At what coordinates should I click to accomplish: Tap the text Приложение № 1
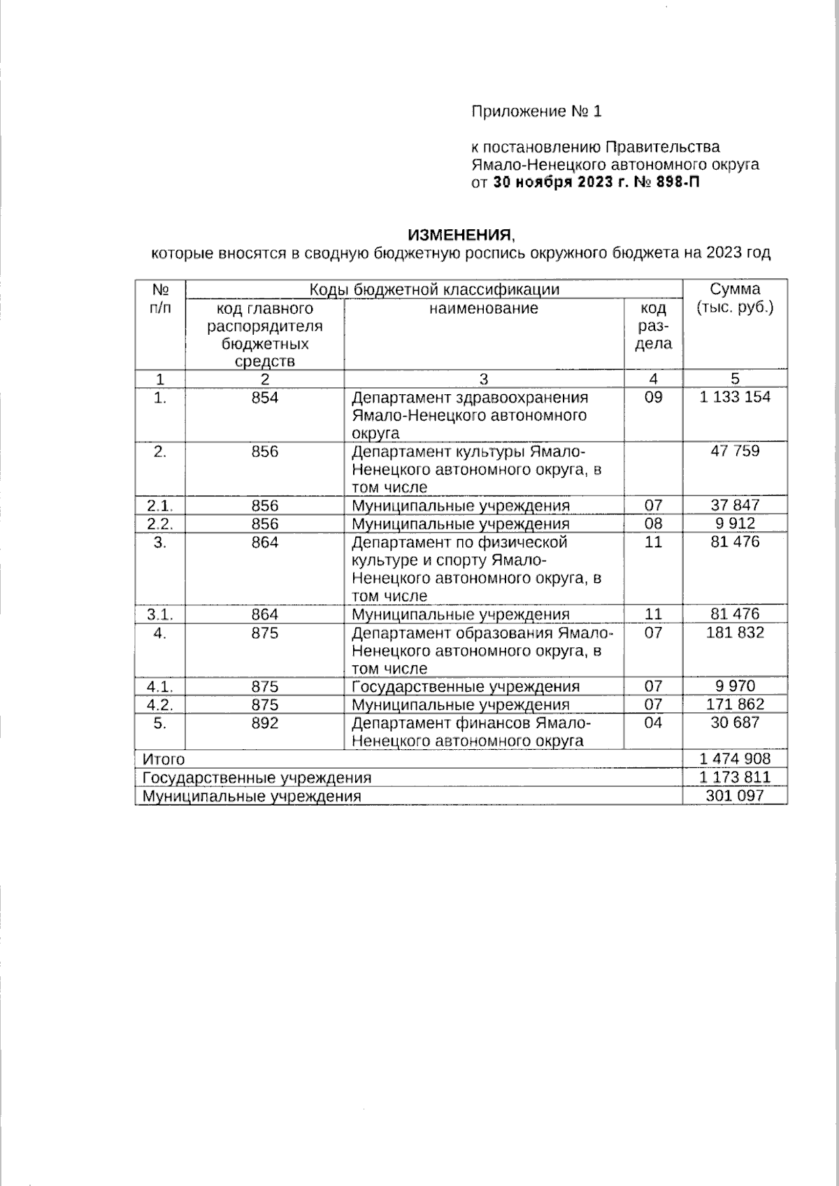coord(536,111)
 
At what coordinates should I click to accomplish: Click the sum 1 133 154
coord(735,397)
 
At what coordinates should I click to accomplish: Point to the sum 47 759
coord(735,451)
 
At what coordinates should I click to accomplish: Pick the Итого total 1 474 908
coord(735,759)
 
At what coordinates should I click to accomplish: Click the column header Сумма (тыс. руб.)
coord(735,298)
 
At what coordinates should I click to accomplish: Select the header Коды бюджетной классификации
coord(434,289)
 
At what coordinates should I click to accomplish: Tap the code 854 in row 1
coord(265,398)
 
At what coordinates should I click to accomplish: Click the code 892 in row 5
coord(265,723)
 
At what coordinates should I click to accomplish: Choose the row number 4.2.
coord(160,704)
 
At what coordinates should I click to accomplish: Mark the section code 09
coord(653,398)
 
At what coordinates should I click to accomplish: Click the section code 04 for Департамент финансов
coord(653,723)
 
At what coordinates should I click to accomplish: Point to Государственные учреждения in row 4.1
coord(466,686)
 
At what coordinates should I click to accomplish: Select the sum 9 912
coord(735,523)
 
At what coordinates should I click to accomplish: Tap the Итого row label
coord(164,760)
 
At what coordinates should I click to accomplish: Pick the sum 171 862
coord(735,704)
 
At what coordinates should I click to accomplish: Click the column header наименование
coord(484,308)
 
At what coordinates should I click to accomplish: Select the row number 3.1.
coord(160,614)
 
